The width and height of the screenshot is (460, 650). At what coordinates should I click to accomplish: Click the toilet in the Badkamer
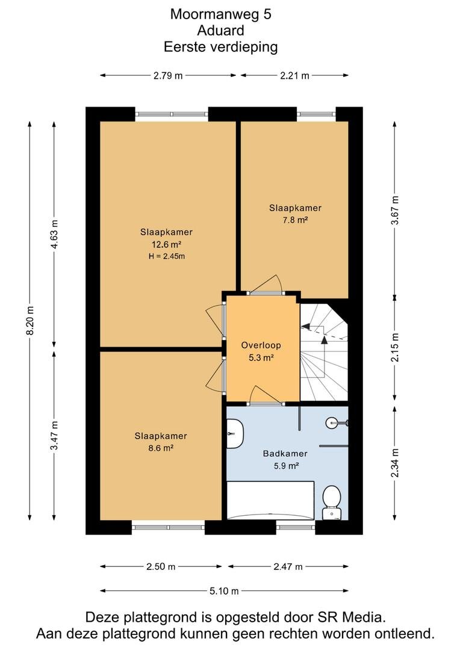pos(331,502)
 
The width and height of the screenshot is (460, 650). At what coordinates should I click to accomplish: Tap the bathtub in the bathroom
pos(270,500)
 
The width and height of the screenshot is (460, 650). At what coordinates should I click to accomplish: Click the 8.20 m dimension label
pos(30,320)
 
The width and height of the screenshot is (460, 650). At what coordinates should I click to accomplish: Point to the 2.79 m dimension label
pos(168,75)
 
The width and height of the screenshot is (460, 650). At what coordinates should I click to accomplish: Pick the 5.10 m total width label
pos(224,591)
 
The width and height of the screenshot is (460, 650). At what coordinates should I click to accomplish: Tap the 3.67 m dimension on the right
pos(395,210)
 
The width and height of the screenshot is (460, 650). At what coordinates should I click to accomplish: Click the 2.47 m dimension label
pos(288,567)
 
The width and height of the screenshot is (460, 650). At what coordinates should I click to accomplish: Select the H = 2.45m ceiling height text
pos(167,256)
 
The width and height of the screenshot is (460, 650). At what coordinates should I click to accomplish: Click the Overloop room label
pos(261,345)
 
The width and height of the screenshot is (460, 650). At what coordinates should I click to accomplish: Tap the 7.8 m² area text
pos(295,220)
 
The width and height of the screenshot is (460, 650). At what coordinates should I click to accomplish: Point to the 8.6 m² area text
pos(161,448)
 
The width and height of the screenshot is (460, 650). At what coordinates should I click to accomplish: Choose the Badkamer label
pos(285,454)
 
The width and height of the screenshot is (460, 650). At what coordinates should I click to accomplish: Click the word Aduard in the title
pos(220,30)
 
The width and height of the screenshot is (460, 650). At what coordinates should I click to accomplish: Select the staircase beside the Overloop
pos(324,352)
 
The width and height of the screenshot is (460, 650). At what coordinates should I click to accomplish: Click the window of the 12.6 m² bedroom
pos(172,114)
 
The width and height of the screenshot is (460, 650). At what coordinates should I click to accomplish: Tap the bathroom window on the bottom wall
pos(296,527)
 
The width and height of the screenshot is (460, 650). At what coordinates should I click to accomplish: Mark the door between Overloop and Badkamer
pos(266,396)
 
